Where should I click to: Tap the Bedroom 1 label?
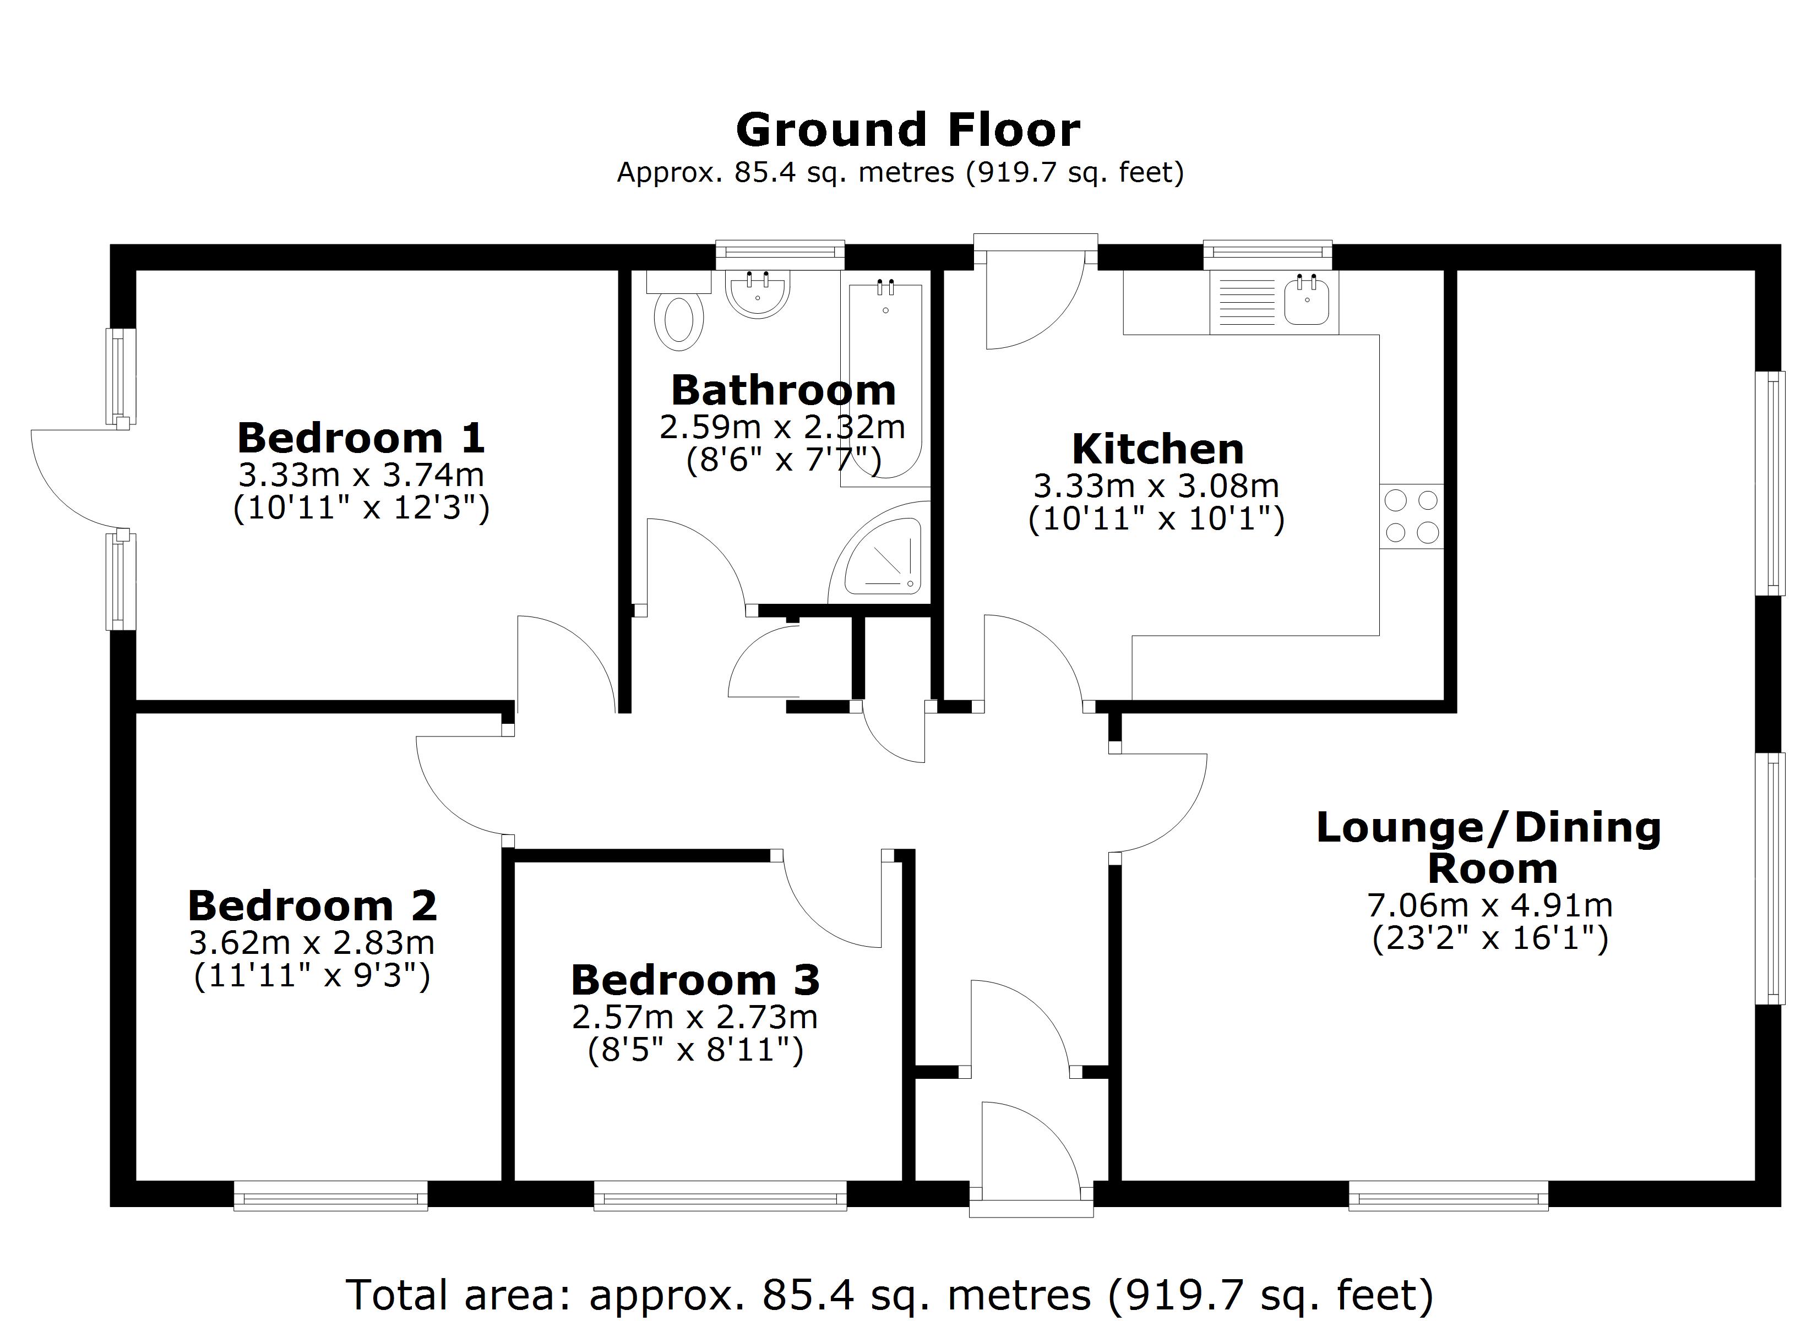(361, 438)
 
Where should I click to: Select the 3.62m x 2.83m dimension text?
(312, 943)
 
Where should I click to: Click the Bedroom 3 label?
(695, 980)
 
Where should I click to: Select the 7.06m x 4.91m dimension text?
(1489, 906)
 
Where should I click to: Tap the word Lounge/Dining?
(1488, 827)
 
